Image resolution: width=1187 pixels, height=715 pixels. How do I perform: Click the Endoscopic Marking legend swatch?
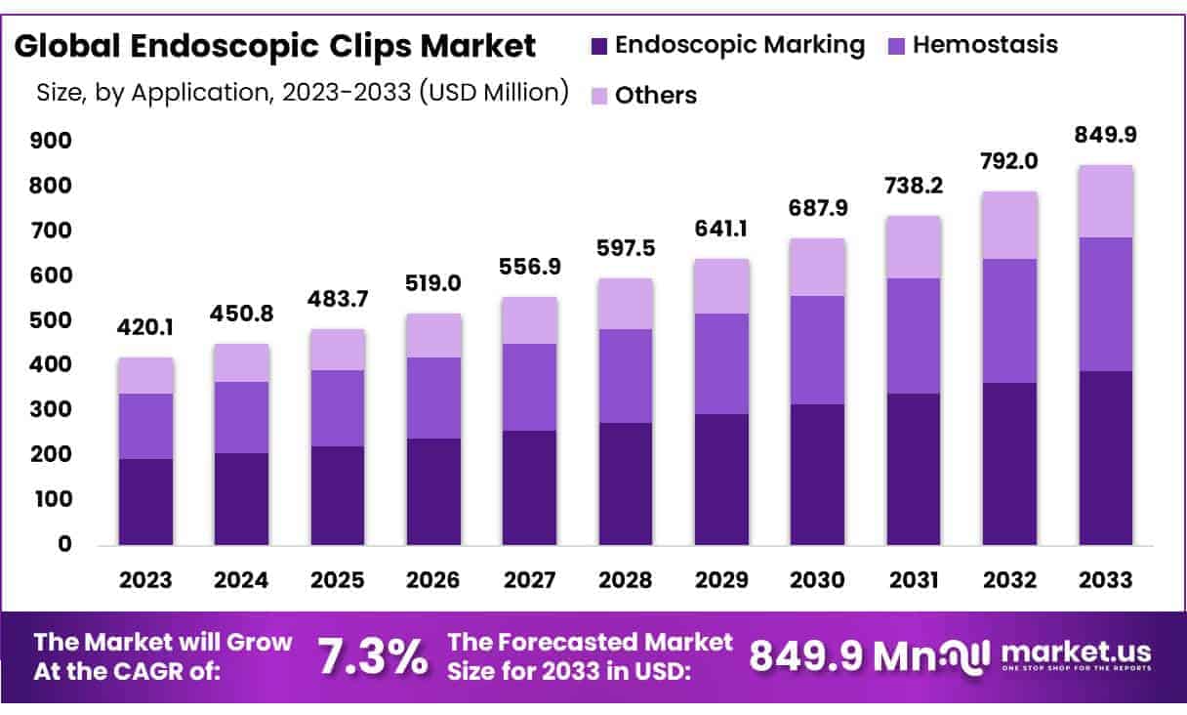click(x=599, y=46)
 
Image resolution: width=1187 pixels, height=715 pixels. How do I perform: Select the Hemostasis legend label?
click(x=985, y=45)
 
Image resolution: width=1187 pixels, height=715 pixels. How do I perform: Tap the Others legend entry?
click(x=655, y=96)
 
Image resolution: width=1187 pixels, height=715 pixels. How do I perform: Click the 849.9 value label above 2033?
click(x=1106, y=134)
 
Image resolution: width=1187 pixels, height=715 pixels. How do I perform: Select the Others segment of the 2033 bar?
click(x=1106, y=201)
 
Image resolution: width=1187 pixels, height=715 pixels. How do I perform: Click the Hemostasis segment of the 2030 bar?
click(x=818, y=350)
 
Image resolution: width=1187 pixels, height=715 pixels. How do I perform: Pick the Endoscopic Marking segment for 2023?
click(x=146, y=501)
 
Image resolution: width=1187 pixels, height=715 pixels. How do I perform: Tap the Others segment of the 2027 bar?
click(x=530, y=320)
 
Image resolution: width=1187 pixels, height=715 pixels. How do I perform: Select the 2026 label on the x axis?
click(x=434, y=579)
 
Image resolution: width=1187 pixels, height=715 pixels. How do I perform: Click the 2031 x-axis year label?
click(x=914, y=579)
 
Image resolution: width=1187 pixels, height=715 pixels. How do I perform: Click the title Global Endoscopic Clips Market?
click(x=275, y=46)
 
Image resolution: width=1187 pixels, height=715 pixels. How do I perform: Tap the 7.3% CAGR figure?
click(x=373, y=656)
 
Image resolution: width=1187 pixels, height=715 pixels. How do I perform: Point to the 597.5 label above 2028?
click(x=626, y=250)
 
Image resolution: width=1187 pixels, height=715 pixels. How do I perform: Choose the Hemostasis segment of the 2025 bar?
click(x=338, y=408)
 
